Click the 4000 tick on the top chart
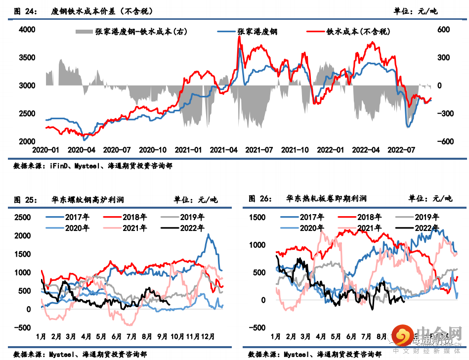27,30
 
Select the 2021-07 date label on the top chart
259,149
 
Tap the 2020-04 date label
81,149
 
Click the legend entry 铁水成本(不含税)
358,32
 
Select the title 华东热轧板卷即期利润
326,200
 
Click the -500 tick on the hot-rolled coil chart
257,327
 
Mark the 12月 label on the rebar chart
208,337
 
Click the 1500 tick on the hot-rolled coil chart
257,218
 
